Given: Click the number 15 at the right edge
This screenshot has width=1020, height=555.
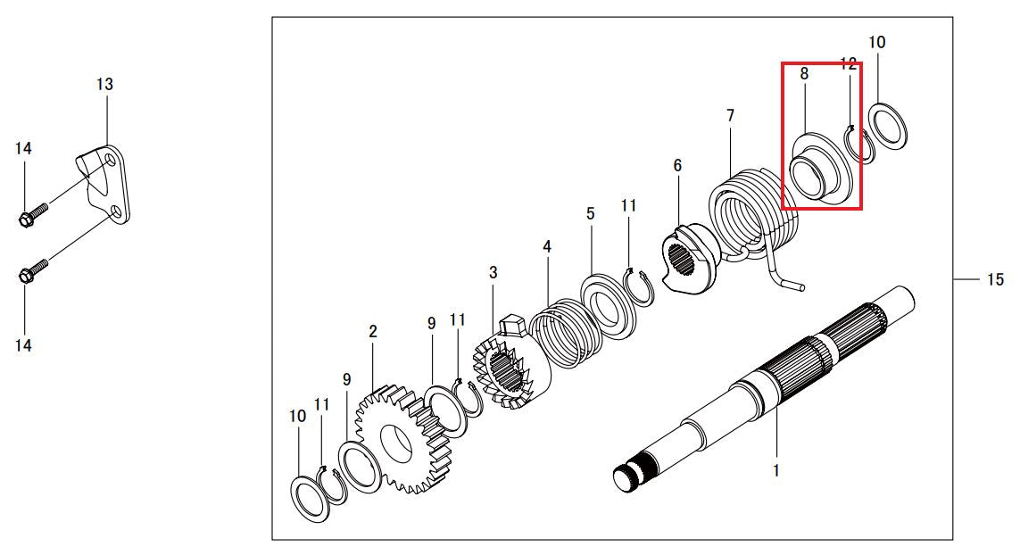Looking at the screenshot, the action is click(995, 280).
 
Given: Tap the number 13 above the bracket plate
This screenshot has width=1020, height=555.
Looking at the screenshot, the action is click(104, 84).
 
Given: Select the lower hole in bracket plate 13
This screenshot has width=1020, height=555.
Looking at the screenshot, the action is click(114, 211).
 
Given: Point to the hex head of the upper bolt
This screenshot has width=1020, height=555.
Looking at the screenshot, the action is click(25, 220).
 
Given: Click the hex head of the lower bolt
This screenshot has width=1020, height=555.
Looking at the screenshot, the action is click(25, 276).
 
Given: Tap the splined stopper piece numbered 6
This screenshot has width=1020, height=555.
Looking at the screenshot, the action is click(689, 254).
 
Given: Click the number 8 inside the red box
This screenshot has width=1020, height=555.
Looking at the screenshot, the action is click(804, 74).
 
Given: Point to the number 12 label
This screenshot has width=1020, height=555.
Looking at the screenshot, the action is click(849, 63).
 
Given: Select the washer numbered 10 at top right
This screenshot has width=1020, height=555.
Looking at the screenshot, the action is click(888, 126).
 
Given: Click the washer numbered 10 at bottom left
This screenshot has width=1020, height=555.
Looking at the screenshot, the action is click(311, 499).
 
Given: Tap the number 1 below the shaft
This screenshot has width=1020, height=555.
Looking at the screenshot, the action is click(776, 469).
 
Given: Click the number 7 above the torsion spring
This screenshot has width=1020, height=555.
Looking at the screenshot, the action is click(731, 116).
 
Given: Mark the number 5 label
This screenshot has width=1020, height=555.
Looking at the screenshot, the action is click(590, 213).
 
